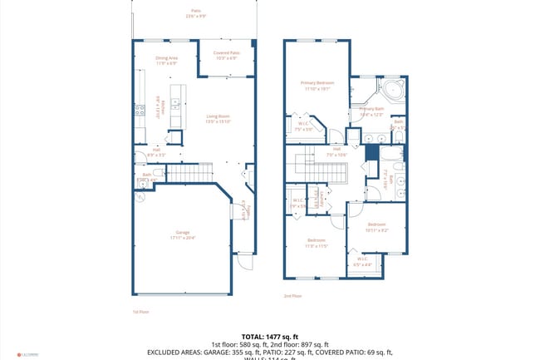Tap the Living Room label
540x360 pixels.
pos(218,119)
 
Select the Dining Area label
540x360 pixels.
pos(166,61)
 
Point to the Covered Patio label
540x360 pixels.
pos(225,56)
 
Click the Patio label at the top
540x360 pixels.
pos(195,13)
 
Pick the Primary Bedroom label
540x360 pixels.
pos(317,86)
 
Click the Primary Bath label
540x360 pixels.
pos(371,111)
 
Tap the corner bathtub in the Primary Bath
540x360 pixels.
pos(390,89)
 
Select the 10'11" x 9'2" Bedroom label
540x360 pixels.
pos(376,226)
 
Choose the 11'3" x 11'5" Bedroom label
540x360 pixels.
pos(317,244)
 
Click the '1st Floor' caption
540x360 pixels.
pos(140,312)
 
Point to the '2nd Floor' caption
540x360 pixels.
pos(292,296)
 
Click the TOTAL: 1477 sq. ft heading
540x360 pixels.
pos(270,334)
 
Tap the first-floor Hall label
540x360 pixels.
pos(156,152)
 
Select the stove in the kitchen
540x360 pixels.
pos(138,108)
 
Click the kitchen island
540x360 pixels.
pos(176,106)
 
